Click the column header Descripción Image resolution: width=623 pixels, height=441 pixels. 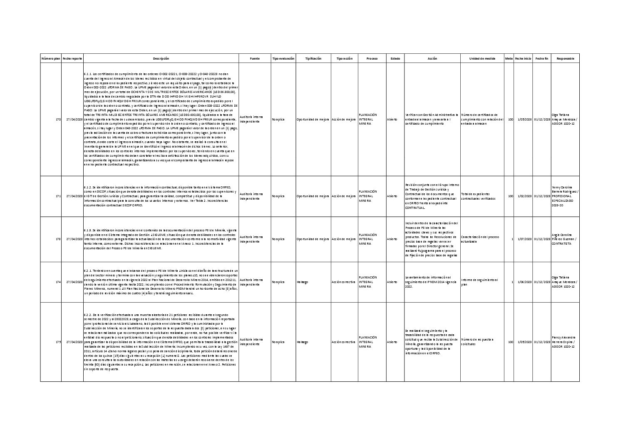[161, 59]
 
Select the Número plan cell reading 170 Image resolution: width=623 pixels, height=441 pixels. [58, 120]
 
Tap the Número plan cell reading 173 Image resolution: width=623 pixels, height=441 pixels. [58, 239]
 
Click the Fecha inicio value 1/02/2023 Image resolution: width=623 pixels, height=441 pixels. [524, 196]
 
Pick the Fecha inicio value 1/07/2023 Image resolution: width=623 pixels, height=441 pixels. [524, 239]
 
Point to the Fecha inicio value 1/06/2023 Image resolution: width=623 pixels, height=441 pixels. [524, 282]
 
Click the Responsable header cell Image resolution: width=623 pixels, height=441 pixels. [565, 59]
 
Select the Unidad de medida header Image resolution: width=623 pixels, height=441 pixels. [482, 59]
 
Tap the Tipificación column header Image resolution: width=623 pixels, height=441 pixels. [313, 59]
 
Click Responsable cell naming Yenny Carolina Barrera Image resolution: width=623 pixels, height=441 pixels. [565, 196]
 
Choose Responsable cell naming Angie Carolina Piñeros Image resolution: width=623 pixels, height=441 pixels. [565, 239]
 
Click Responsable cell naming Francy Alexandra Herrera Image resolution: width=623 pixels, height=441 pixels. [565, 342]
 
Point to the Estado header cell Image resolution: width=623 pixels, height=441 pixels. [395, 59]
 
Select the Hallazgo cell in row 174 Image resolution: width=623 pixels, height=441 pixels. [303, 282]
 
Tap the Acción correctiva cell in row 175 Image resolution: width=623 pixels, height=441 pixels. [344, 342]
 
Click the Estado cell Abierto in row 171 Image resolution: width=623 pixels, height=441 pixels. [392, 196]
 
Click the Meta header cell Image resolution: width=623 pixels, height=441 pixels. [509, 59]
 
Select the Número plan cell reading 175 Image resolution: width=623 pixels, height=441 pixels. [58, 342]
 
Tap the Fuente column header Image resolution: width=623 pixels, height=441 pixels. [255, 59]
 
